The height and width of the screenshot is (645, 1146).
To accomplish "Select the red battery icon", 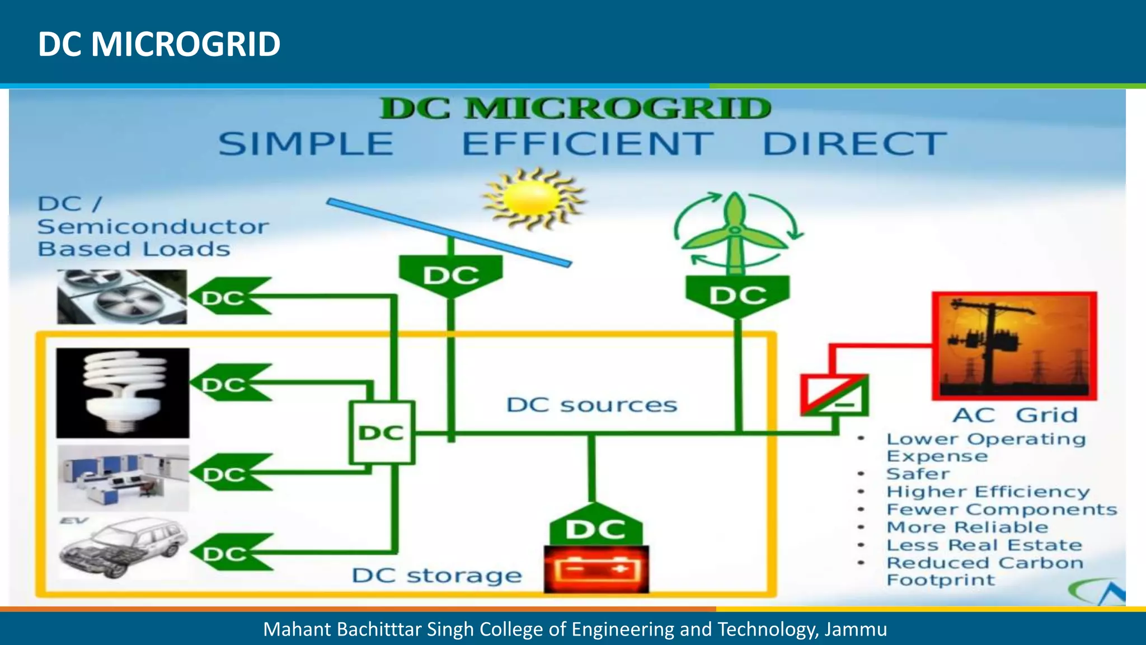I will [597, 569].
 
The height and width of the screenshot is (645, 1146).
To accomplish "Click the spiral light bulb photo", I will [123, 392].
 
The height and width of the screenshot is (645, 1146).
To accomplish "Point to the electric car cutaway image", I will [122, 549].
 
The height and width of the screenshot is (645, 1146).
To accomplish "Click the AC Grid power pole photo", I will [1014, 346].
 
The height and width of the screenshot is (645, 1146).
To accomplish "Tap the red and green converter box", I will [834, 395].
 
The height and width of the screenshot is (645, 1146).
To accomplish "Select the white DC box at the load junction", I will [382, 432].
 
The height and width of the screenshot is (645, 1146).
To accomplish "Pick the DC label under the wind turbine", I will [738, 295].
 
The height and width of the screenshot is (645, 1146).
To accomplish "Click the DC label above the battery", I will [595, 529].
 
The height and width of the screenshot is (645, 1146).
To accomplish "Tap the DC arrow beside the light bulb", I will [229, 384].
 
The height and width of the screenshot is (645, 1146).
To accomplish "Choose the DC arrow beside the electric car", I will [231, 553].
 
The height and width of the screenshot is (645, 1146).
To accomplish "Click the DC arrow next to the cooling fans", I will [229, 297].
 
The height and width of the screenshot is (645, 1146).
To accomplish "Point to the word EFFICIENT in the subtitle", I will [588, 144].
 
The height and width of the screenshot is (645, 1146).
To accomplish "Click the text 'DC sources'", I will [591, 405].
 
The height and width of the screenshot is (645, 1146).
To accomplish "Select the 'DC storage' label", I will [436, 576].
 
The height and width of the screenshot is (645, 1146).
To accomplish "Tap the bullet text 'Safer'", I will [918, 474].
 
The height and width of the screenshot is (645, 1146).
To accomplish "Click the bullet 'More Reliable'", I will [967, 527].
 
